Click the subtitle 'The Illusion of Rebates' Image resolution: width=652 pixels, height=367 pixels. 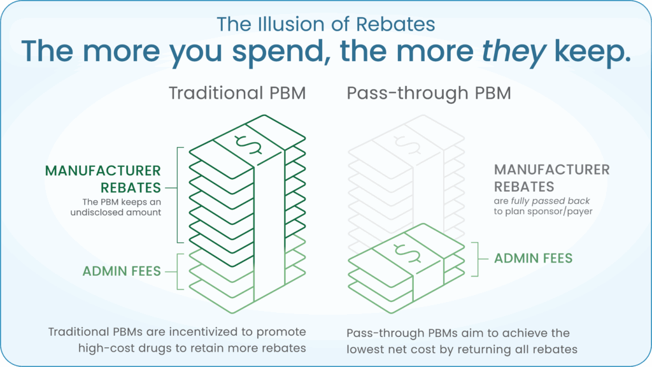coord(325,24)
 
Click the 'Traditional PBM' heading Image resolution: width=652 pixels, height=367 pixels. coord(237,93)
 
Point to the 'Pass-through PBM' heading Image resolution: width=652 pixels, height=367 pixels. coord(429,93)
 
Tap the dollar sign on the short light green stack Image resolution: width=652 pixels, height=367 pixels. coord(407,254)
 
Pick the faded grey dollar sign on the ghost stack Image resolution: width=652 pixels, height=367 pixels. coord(407,145)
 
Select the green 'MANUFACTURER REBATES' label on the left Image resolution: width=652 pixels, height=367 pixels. coord(103,179)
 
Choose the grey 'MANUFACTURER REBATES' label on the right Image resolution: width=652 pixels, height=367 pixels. coord(552,178)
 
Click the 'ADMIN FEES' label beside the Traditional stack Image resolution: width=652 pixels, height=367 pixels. coord(122,271)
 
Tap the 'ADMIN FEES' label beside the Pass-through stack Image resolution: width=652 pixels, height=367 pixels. coord(533,259)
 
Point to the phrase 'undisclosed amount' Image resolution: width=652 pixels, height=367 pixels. coord(116,212)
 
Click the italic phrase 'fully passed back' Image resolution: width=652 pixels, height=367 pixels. coord(550,201)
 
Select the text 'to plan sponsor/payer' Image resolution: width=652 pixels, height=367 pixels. coord(543,212)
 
